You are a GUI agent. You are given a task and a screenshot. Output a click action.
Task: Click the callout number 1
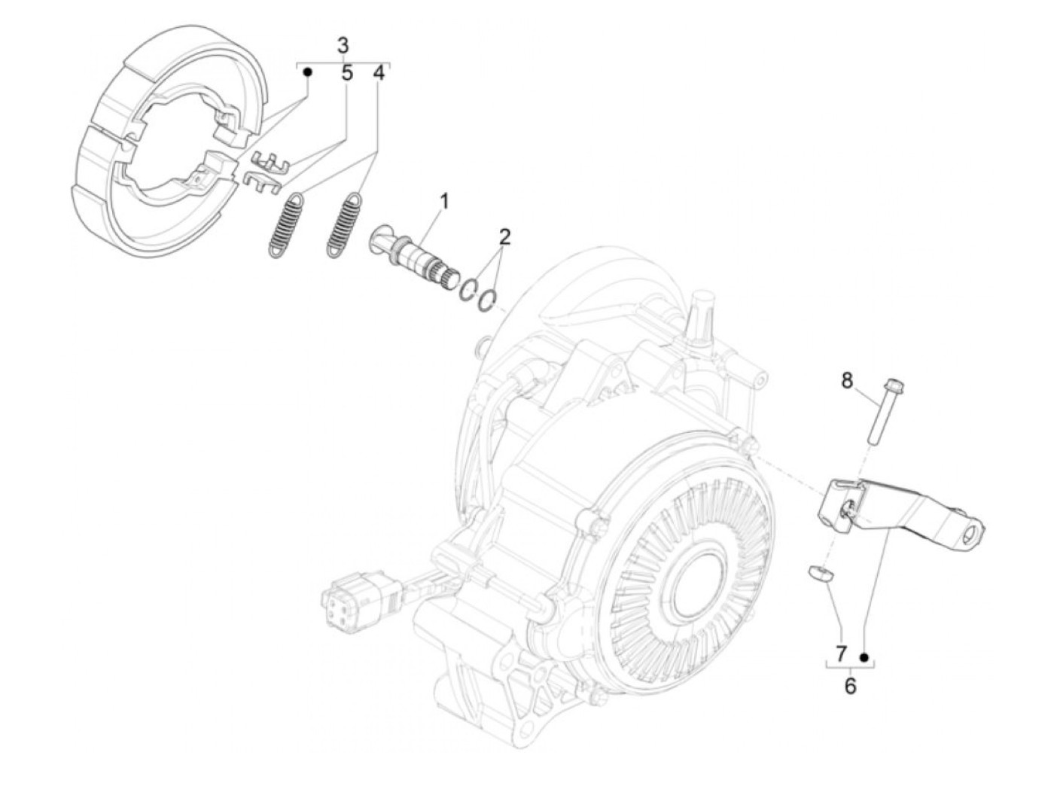[444, 201]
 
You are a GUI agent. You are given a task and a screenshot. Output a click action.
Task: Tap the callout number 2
[504, 237]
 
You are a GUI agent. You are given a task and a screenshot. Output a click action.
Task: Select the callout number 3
[343, 44]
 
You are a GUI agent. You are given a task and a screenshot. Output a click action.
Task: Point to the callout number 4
[379, 73]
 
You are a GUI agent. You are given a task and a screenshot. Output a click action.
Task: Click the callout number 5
[347, 73]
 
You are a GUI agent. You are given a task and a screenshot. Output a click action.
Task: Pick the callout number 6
[850, 686]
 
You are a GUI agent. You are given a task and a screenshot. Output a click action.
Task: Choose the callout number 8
[847, 381]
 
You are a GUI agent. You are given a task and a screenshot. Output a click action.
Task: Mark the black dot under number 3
[307, 72]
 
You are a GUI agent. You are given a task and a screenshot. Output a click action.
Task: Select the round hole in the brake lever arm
[972, 536]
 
